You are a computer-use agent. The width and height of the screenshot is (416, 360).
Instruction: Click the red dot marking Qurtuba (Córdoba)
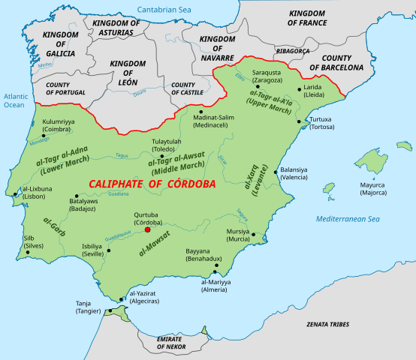click(147, 231)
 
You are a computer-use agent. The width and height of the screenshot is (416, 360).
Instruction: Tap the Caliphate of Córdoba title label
click(152, 184)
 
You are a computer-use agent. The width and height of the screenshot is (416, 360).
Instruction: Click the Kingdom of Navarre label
click(219, 47)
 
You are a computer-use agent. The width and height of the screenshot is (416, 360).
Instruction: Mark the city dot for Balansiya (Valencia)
click(276, 172)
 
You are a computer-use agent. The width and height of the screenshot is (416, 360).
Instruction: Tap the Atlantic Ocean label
click(14, 100)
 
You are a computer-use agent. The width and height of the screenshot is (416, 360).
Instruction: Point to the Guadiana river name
click(119, 193)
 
